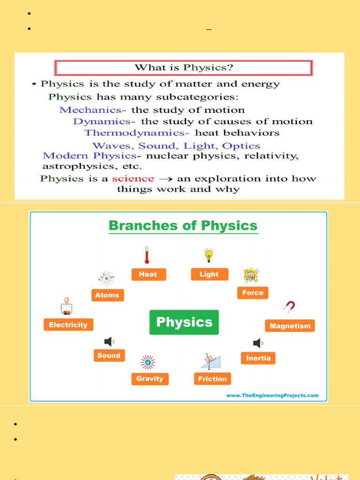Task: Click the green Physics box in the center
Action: (184, 322)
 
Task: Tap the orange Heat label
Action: (148, 274)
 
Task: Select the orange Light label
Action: (209, 274)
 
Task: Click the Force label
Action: (253, 292)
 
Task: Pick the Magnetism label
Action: (290, 326)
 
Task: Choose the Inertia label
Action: (258, 358)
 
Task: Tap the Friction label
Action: (212, 379)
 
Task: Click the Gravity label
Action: (150, 378)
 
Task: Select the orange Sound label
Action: (109, 355)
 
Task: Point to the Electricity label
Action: (68, 324)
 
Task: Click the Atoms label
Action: (107, 295)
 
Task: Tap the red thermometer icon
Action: (147, 255)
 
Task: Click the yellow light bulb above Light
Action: (209, 255)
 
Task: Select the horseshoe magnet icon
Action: (289, 307)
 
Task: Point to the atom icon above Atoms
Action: (106, 278)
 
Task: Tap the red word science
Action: (133, 179)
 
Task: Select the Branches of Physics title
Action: (183, 225)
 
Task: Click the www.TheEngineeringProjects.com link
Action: (272, 395)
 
